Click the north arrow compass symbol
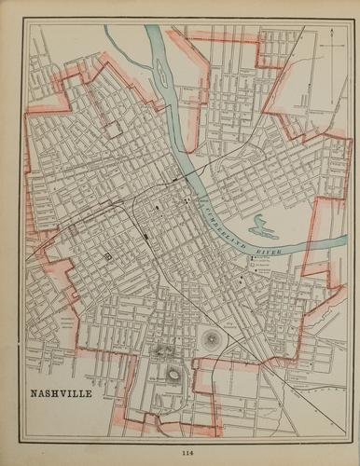click(x=331, y=40)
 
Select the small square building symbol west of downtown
click(x=107, y=254)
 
